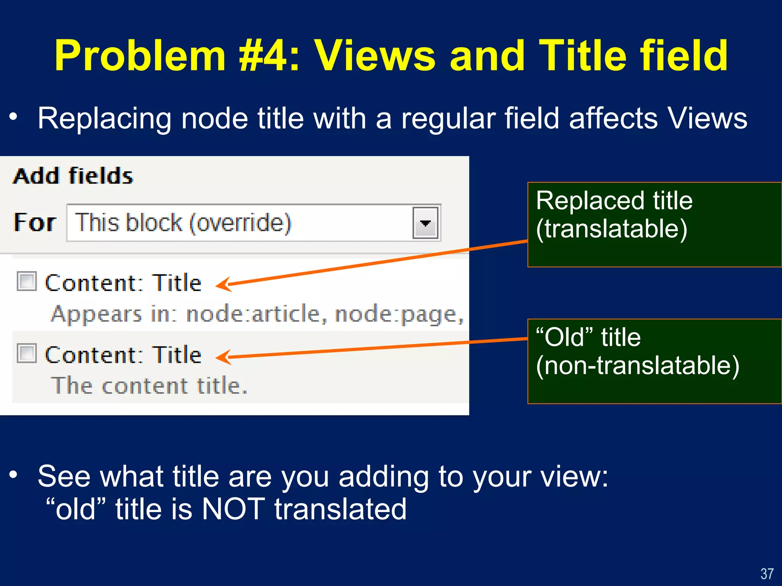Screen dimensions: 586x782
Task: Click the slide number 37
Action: pos(767,573)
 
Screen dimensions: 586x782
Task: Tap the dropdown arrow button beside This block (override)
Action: pos(425,223)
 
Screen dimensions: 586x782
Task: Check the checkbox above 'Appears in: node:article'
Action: pos(27,281)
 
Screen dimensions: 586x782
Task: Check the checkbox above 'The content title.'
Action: pos(27,353)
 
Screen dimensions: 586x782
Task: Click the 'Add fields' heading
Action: pos(73,176)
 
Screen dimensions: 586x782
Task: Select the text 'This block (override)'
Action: pos(183,222)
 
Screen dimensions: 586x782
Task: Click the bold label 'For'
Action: pos(35,222)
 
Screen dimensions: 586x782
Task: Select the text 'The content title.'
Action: pos(149,385)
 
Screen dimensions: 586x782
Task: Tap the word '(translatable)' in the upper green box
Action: pos(611,229)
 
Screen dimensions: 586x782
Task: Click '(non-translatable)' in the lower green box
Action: pos(637,365)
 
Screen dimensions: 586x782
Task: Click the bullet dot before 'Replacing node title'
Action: pos(14,117)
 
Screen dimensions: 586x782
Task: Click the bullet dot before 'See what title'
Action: pos(14,475)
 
